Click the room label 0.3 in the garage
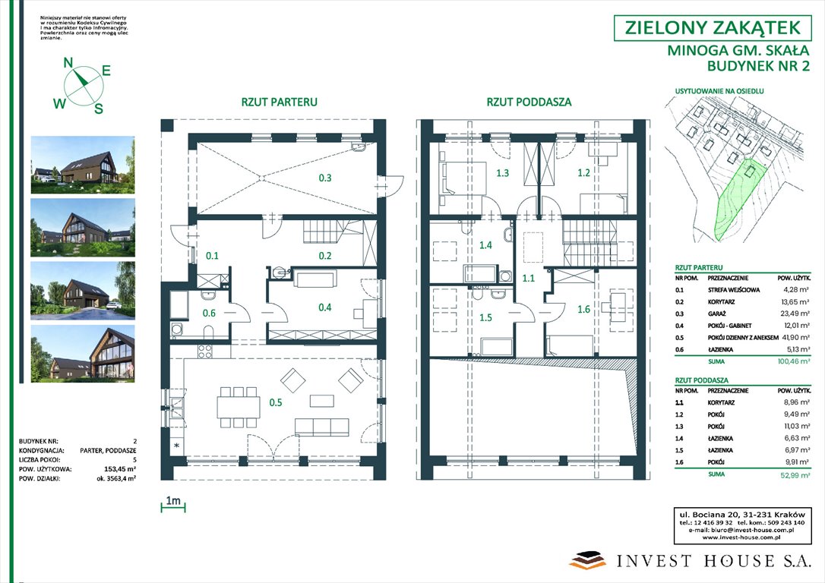(325, 178)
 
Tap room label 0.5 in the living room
(277, 403)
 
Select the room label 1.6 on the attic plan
(583, 309)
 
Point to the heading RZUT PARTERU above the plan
(279, 102)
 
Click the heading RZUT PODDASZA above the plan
(529, 102)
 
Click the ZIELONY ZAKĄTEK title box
(712, 28)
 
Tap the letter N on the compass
(68, 63)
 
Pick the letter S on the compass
(98, 109)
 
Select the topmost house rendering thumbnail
(83, 165)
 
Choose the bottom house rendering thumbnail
(83, 352)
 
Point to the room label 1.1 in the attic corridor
(529, 279)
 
